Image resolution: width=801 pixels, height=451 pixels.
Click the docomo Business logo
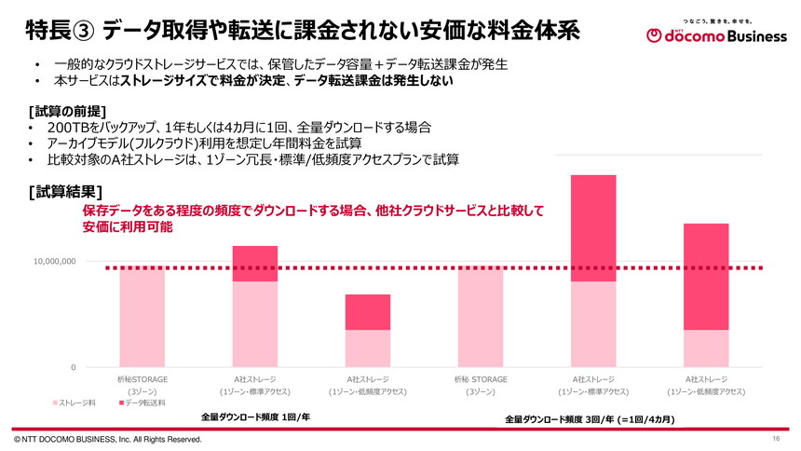click(712, 34)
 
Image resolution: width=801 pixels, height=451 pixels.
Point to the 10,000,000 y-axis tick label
click(54, 262)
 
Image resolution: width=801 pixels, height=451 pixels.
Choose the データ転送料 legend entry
click(142, 403)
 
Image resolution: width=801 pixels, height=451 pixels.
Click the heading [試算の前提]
click(66, 109)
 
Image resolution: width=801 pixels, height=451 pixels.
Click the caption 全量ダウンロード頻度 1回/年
click(255, 417)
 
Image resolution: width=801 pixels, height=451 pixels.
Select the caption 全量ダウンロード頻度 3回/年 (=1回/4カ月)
click(590, 420)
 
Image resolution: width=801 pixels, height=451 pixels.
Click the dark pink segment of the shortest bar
click(368, 312)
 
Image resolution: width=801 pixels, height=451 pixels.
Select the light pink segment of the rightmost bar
click(706, 348)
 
